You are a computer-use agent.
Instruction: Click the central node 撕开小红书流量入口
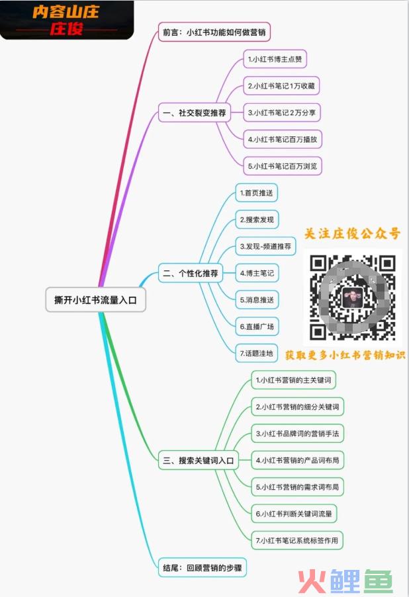point(96,300)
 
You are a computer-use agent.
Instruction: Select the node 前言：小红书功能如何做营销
point(214,32)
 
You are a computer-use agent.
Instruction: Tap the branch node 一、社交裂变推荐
point(195,112)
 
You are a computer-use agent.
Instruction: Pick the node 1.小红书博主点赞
point(275,59)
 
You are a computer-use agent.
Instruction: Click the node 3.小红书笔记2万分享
point(282,112)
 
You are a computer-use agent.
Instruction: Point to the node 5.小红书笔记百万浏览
point(283,166)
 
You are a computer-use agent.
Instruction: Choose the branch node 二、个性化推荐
point(191,273)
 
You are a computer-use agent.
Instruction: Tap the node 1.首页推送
point(257,192)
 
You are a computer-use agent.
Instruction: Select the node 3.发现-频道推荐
point(265,247)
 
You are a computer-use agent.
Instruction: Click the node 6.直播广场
point(257,327)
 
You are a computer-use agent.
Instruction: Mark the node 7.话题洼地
point(257,353)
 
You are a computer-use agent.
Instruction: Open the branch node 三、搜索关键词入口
point(198,460)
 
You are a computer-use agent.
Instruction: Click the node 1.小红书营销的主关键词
point(293,380)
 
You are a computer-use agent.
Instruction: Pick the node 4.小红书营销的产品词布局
point(297,460)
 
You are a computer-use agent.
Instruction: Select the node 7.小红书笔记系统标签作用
point(297,540)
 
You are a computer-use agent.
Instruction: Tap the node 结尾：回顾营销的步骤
point(203,568)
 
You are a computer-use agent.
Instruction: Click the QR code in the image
point(353,298)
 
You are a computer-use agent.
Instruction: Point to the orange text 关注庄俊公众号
point(353,233)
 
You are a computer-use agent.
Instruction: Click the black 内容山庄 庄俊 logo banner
point(67,20)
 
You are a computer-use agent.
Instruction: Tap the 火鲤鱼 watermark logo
point(345,581)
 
